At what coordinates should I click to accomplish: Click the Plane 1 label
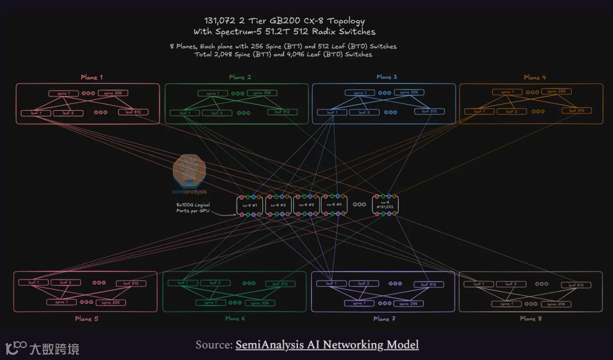(x=91, y=77)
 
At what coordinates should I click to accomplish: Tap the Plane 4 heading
(x=532, y=77)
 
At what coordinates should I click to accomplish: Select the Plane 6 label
(x=235, y=319)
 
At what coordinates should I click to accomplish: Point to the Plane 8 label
(x=531, y=319)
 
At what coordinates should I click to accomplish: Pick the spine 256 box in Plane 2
(x=259, y=93)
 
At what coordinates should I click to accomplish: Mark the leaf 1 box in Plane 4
(x=479, y=111)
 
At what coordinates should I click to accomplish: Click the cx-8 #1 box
(x=250, y=205)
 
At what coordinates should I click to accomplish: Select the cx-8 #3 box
(x=306, y=205)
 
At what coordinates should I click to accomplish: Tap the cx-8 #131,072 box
(x=385, y=205)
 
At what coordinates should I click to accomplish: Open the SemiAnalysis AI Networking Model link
(x=327, y=345)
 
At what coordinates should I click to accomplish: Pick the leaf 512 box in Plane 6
(x=280, y=284)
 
